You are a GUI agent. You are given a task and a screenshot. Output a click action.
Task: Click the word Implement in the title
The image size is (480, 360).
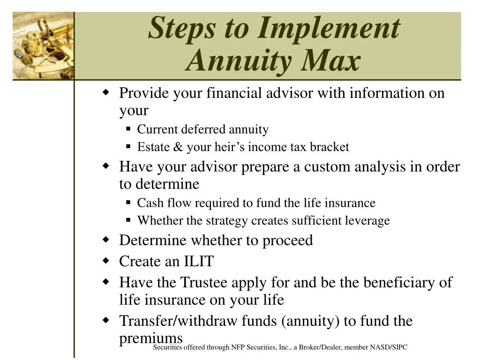click(328, 28)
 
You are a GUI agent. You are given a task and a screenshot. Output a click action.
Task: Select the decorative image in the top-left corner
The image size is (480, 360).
click(43, 45)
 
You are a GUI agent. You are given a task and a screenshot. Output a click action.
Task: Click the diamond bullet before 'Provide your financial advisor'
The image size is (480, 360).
click(106, 92)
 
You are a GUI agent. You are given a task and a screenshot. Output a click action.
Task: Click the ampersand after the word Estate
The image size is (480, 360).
click(178, 147)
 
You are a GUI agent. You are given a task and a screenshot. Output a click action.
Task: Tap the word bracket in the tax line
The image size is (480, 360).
click(329, 147)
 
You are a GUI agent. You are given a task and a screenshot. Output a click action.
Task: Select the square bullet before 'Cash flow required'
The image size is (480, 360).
click(128, 202)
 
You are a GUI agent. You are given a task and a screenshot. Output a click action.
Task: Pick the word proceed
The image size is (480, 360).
click(287, 240)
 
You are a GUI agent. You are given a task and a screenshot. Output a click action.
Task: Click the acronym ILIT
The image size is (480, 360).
click(198, 261)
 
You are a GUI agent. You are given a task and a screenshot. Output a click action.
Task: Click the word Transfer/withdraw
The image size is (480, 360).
click(179, 321)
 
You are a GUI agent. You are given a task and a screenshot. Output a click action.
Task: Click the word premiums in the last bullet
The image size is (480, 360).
click(150, 338)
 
